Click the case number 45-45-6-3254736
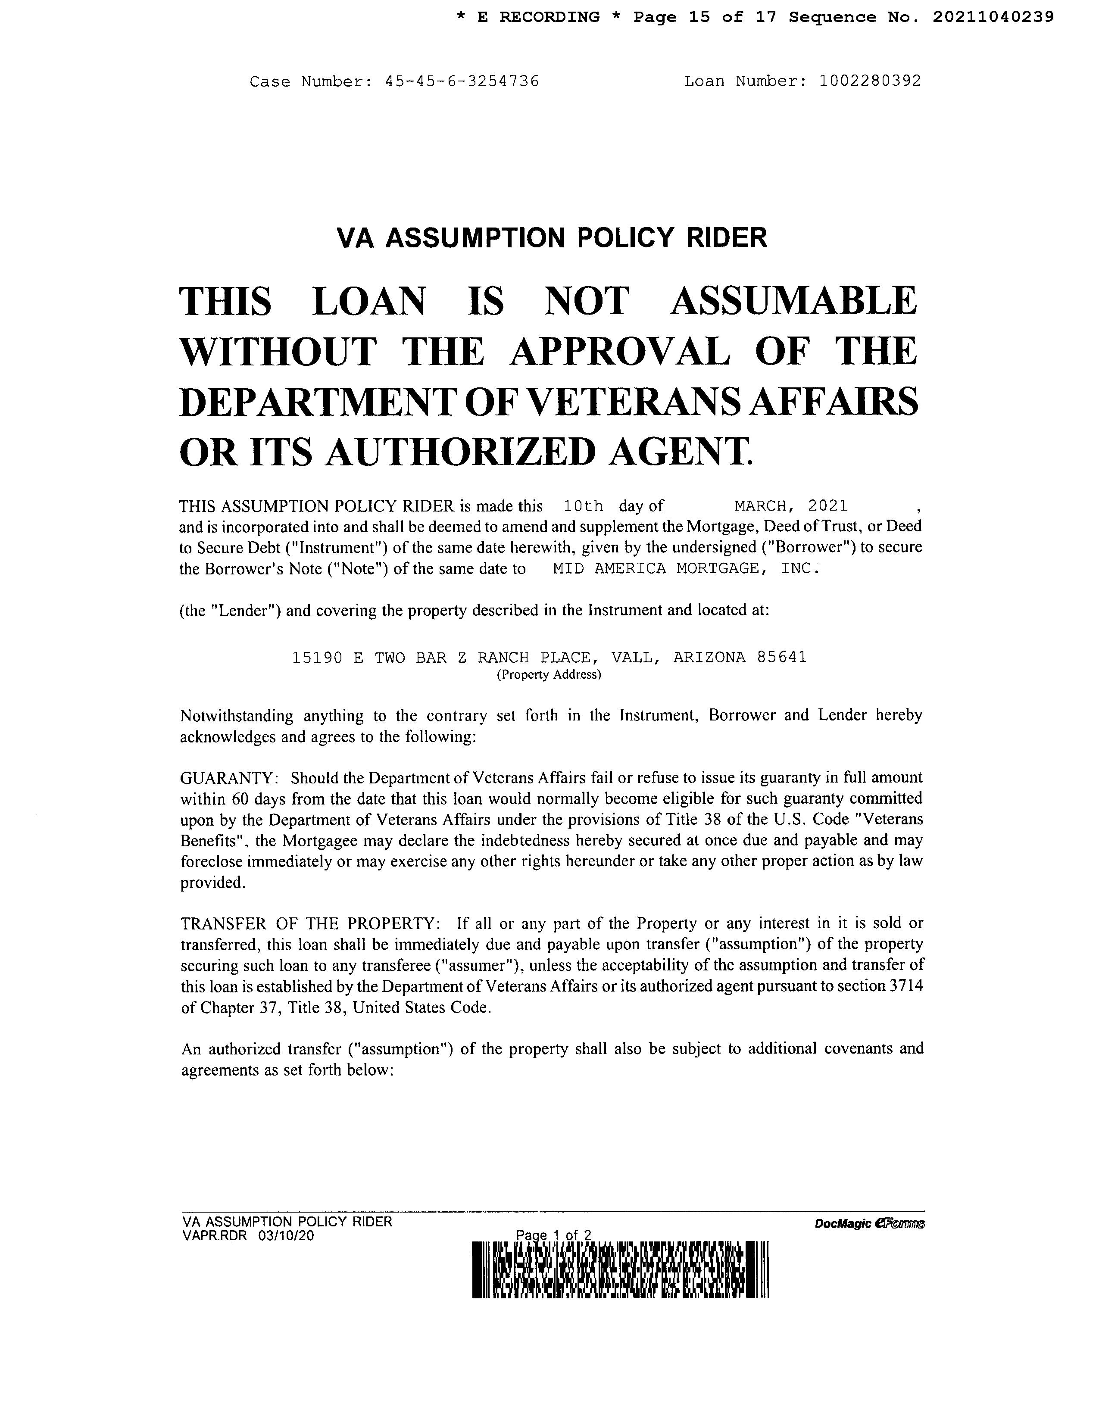pos(462,82)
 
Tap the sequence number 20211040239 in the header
pos(993,18)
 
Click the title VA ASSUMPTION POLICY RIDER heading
pos(552,238)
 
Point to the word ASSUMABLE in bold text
pos(793,302)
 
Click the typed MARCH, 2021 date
pos(790,506)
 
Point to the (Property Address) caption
pos(549,675)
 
